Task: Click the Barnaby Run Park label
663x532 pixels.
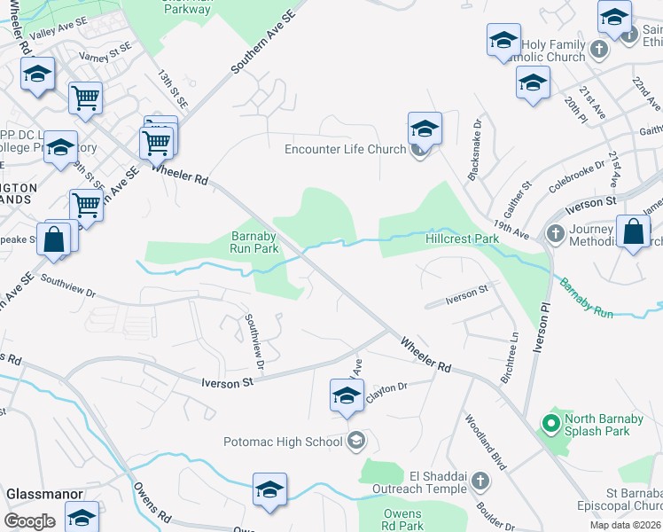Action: pyautogui.click(x=254, y=242)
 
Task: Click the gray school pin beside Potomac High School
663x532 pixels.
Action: pyautogui.click(x=355, y=441)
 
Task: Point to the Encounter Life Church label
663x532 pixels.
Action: pyautogui.click(x=345, y=149)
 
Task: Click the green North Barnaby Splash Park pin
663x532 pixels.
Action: pyautogui.click(x=550, y=425)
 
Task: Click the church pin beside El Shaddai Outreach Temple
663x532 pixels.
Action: pyautogui.click(x=480, y=481)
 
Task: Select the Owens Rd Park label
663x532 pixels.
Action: pyautogui.click(x=403, y=520)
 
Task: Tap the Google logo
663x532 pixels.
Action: pyautogui.click(x=30, y=521)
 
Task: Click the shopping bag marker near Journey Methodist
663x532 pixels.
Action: pyautogui.click(x=634, y=233)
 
